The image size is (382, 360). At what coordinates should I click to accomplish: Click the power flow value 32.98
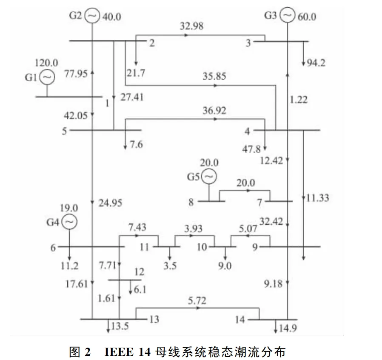[191, 26]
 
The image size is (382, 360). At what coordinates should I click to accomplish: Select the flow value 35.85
[214, 76]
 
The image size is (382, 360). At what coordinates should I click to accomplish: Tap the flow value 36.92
[214, 111]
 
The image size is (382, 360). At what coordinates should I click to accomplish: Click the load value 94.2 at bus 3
[316, 63]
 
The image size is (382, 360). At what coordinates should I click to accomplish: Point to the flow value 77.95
[76, 73]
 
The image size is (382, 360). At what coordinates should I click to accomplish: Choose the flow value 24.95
[110, 203]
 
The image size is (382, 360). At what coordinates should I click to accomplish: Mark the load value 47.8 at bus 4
[251, 149]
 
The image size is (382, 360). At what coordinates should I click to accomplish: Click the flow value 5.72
[197, 300]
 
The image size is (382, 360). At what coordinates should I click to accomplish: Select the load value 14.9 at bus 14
[288, 328]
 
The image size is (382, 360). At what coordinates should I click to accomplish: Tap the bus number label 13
[154, 319]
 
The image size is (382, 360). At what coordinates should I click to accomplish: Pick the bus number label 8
[191, 202]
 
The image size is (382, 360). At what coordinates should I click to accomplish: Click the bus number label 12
[139, 271]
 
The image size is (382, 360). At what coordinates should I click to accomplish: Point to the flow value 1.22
[299, 100]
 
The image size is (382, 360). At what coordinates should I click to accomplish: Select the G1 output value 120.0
[46, 63]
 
